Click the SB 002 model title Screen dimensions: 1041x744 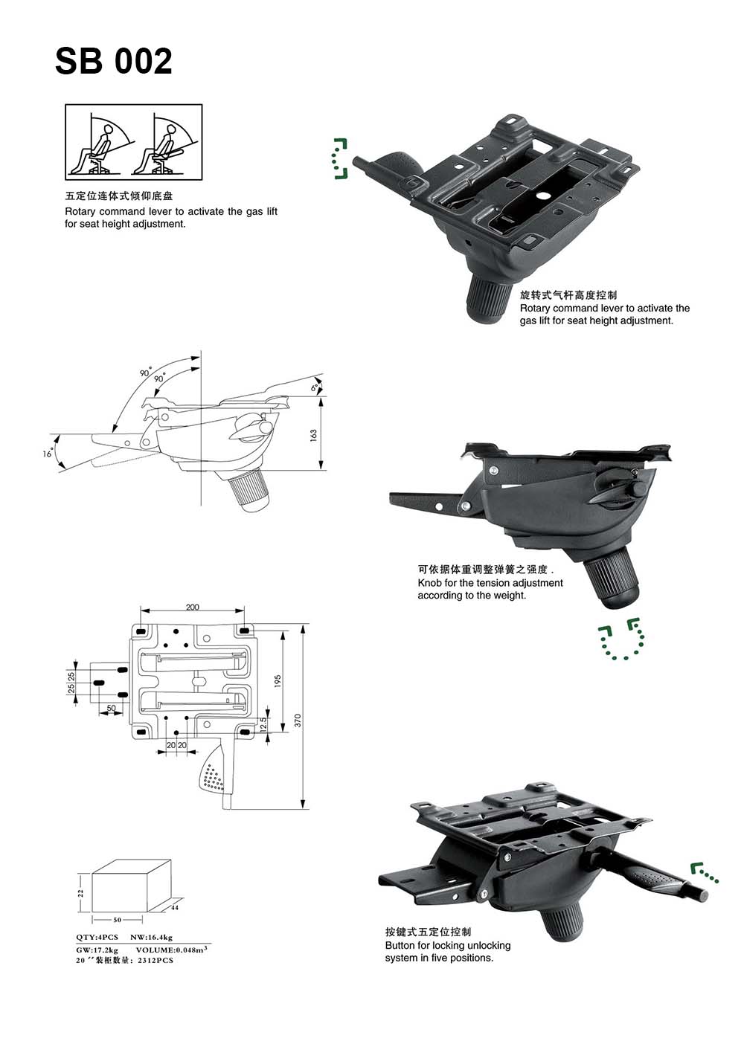click(114, 61)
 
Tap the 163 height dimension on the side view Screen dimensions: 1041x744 click(314, 434)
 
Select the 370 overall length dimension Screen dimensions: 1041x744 click(298, 720)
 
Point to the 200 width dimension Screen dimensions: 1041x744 click(193, 607)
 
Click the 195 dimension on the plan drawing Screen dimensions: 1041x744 click(278, 680)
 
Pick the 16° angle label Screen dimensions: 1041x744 click(48, 453)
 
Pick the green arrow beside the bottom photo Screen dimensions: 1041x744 click(703, 873)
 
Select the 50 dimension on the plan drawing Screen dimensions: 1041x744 click(111, 709)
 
